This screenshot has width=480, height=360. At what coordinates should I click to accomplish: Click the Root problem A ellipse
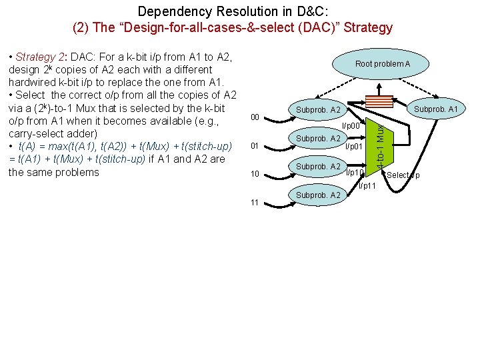pyautogui.click(x=383, y=64)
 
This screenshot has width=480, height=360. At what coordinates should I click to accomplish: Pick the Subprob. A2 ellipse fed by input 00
pyautogui.click(x=318, y=109)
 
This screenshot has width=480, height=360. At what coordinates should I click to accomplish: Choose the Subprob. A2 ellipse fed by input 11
pyautogui.click(x=318, y=195)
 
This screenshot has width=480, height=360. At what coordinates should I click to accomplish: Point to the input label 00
pyautogui.click(x=255, y=118)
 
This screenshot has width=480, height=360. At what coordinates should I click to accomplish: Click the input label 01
pyautogui.click(x=255, y=146)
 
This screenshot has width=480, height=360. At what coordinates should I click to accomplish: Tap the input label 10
pyautogui.click(x=255, y=174)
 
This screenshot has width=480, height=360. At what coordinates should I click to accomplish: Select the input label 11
pyautogui.click(x=255, y=202)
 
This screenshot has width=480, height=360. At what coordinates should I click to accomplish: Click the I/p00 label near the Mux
pyautogui.click(x=351, y=125)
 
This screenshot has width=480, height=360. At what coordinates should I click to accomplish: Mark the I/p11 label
pyautogui.click(x=367, y=185)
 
